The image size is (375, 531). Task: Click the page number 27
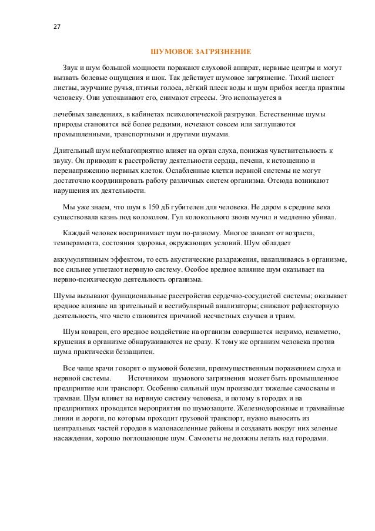tap(56, 26)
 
